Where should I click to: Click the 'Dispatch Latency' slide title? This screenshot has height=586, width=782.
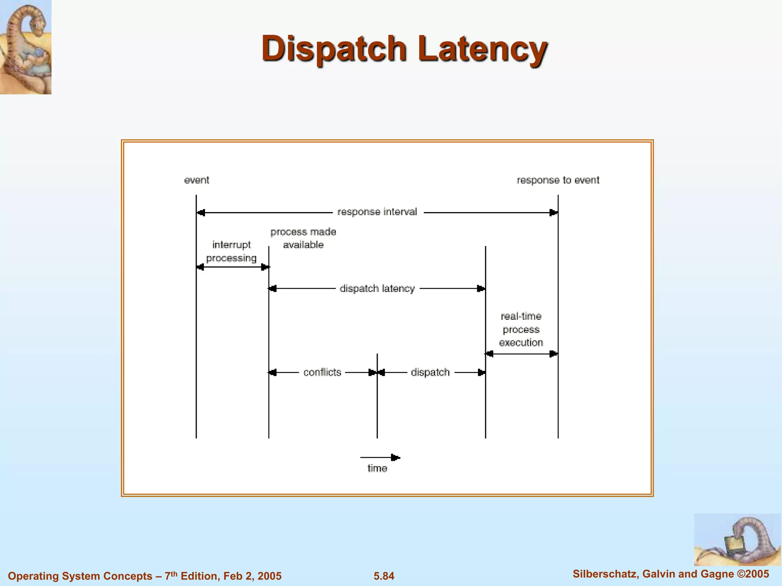click(x=404, y=48)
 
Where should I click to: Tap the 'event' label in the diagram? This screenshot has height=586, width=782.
click(x=197, y=180)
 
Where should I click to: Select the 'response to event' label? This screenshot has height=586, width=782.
click(x=558, y=180)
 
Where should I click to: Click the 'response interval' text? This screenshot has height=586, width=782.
click(x=377, y=212)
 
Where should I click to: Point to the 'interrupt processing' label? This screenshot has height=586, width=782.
click(x=231, y=251)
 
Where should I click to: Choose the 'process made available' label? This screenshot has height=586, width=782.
click(x=303, y=238)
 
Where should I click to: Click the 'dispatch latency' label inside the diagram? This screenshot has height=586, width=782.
click(x=377, y=288)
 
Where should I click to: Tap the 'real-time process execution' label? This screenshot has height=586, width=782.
click(x=521, y=329)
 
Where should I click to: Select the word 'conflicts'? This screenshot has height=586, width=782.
click(x=322, y=372)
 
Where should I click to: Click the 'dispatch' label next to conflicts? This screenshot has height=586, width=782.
click(x=430, y=372)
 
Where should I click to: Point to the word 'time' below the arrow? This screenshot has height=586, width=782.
click(x=377, y=468)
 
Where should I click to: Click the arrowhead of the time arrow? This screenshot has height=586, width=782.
click(x=396, y=457)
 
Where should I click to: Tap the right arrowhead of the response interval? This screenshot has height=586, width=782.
click(x=553, y=213)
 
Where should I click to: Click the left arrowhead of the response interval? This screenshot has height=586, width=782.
click(x=201, y=213)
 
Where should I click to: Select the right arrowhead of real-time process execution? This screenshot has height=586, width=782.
click(x=553, y=354)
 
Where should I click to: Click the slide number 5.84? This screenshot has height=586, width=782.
click(x=384, y=576)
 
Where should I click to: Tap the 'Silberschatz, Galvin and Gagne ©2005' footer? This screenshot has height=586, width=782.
click(x=671, y=574)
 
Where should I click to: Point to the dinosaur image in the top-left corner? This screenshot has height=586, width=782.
click(x=26, y=47)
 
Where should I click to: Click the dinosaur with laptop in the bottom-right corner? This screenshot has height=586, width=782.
click(x=737, y=539)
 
